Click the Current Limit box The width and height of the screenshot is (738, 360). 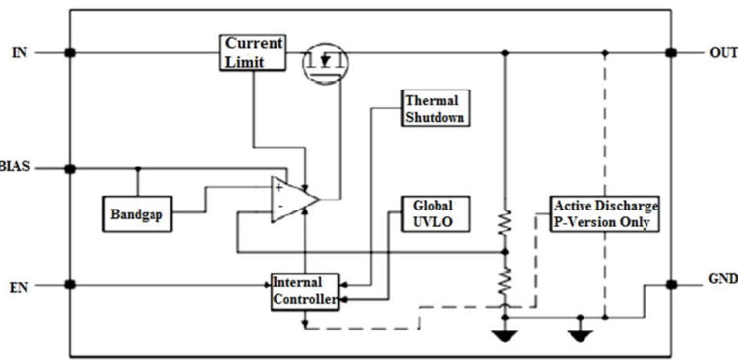click(253, 53)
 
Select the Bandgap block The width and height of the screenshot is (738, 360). click(138, 212)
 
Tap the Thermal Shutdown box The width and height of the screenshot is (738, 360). click(434, 108)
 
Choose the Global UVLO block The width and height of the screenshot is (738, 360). click(434, 212)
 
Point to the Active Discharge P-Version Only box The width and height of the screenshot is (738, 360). click(604, 212)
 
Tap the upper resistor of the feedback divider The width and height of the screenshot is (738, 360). click(504, 224)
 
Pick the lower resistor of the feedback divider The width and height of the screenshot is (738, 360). click(504, 284)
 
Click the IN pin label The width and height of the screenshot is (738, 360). click(20, 52)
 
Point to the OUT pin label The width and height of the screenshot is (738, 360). click(722, 52)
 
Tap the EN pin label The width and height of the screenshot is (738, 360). click(19, 286)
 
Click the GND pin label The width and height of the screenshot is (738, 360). click(722, 278)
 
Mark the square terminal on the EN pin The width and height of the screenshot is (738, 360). click(69, 286)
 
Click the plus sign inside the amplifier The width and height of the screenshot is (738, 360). click(279, 185)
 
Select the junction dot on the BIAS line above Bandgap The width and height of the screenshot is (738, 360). click(137, 168)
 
